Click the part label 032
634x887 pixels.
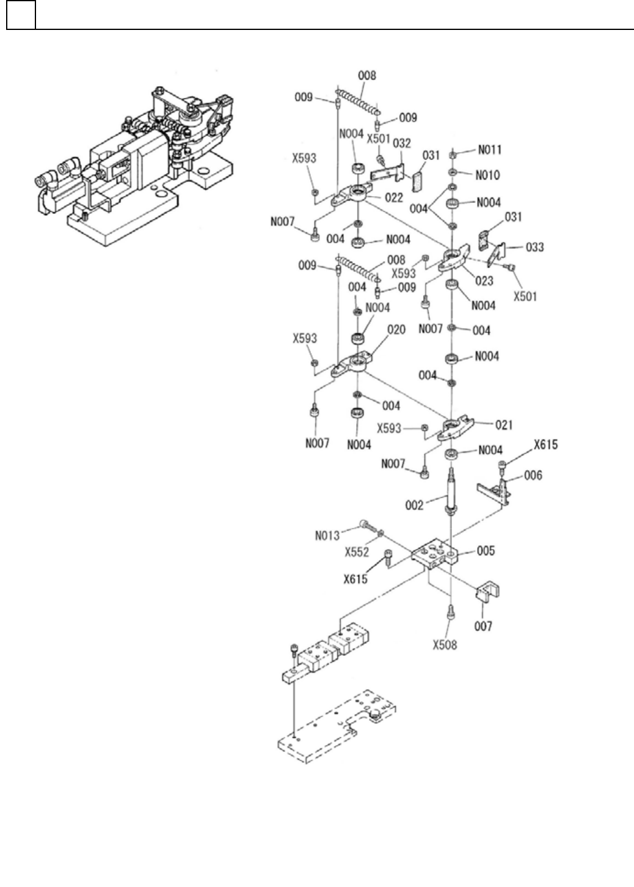click(401, 143)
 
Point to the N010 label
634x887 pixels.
click(488, 175)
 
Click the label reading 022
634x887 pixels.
click(394, 197)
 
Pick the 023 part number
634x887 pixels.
click(484, 282)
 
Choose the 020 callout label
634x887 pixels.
click(396, 330)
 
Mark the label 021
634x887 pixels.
click(504, 424)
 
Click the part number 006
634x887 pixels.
click(533, 475)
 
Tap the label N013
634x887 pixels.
click(327, 536)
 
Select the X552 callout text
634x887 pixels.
click(357, 551)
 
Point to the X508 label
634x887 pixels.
click(445, 645)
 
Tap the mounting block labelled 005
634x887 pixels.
click(434, 553)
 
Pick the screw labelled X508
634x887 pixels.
click(451, 611)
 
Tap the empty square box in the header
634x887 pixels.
click(21, 15)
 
